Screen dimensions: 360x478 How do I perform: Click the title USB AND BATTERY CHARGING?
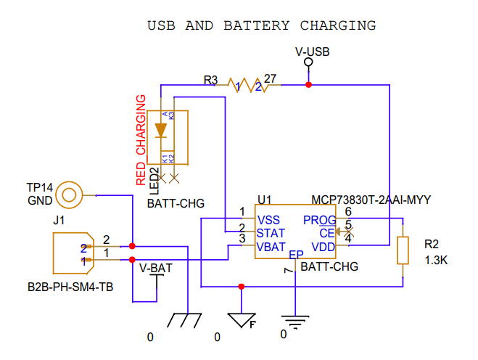click(262, 25)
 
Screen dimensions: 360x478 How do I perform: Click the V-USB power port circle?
click(308, 63)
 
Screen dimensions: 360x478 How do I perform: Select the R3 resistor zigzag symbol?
click(247, 85)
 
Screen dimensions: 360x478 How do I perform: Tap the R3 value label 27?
click(270, 78)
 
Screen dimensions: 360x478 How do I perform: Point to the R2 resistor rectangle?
click(403, 250)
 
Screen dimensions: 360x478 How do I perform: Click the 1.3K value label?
click(436, 260)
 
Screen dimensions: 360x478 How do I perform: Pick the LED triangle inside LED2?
click(161, 131)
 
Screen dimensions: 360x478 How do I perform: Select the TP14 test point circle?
click(70, 195)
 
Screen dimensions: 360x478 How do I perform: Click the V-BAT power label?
click(156, 268)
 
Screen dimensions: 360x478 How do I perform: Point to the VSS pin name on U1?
click(269, 220)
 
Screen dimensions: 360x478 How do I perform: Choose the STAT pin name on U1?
click(271, 233)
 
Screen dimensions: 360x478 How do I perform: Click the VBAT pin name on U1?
click(271, 246)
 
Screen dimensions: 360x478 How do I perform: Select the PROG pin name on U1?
click(319, 220)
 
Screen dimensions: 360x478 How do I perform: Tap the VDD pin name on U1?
click(324, 247)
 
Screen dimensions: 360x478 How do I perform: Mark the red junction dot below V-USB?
click(308, 86)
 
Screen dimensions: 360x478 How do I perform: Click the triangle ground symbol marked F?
click(242, 320)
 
